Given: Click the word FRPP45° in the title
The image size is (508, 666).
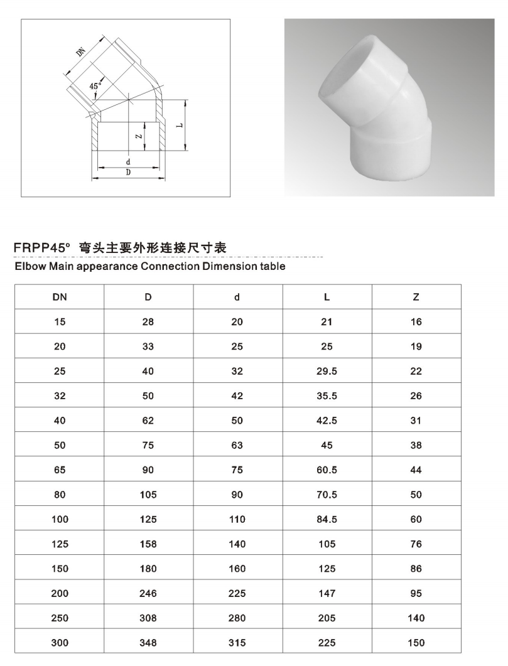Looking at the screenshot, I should [43, 249].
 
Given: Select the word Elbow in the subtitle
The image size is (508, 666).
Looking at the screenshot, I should [30, 266].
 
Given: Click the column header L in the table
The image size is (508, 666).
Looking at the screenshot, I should [327, 297].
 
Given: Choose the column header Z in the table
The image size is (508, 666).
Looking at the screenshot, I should [416, 297].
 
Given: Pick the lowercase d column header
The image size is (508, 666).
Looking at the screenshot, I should [237, 297].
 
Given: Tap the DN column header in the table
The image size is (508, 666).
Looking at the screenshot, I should [60, 297].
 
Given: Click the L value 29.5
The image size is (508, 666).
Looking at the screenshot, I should [327, 371].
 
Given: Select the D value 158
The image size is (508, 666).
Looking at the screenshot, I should [148, 544].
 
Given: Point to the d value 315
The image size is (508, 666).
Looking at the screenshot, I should [237, 643].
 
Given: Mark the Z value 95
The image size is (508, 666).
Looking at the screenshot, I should [416, 593].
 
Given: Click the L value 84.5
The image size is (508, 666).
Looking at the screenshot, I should [327, 519].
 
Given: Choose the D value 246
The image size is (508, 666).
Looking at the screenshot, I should [148, 593].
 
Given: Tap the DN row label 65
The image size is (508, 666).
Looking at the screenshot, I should [60, 470].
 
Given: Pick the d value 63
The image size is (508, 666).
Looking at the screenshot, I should [237, 445].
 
